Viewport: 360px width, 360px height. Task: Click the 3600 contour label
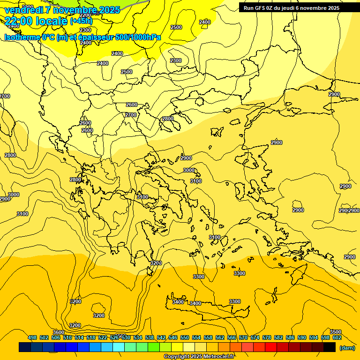(59, 332)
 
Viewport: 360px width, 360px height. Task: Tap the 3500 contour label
(336, 332)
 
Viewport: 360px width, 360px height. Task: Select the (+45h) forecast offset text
(81, 21)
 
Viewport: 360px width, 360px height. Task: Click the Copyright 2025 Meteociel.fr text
(199, 356)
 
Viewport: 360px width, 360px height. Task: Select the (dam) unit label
(347, 347)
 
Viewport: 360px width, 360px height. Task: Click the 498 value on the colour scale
(32, 337)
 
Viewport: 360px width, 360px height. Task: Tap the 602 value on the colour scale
(337, 337)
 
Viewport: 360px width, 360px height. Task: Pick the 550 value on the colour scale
(185, 337)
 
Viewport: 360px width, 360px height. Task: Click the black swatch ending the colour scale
(330, 347)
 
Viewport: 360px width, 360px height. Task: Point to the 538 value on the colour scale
(150, 337)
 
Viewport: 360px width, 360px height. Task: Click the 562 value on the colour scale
(220, 337)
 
